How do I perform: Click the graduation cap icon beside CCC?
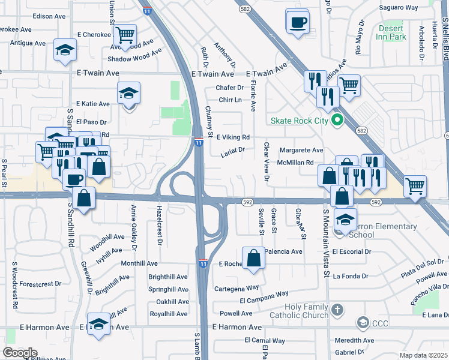pos(362,324)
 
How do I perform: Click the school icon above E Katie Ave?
pos(128,93)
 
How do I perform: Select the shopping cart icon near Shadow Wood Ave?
pos(125,34)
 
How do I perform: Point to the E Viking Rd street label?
pos(233,137)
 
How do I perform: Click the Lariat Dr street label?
pos(234,150)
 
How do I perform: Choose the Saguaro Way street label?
pos(399,8)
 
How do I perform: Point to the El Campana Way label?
pos(264,298)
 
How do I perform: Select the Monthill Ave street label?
pos(139,263)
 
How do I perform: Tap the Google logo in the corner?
pos(20,352)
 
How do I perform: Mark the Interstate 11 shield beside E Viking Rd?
pos(199,141)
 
